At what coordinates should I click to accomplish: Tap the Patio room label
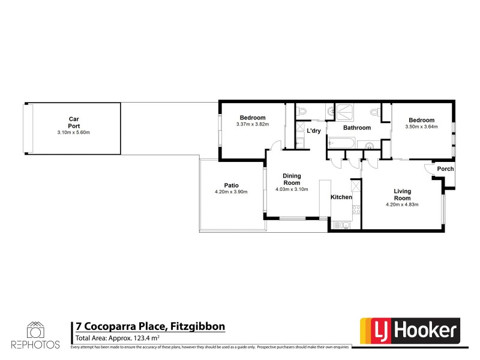231,185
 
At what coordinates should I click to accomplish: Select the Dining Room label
291,179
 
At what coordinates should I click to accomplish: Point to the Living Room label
402,194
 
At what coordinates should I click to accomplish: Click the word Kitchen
341,197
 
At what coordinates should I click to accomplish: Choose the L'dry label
313,131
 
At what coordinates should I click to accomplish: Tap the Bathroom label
356,128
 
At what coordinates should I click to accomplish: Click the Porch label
445,169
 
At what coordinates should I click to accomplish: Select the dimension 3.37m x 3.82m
253,124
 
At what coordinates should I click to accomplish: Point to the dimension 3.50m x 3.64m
421,127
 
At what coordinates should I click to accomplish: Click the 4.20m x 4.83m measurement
401,205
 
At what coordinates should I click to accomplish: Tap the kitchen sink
341,226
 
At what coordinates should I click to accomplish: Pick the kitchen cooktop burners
355,209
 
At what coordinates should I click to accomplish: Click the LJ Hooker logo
410,331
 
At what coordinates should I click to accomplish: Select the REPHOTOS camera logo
35,331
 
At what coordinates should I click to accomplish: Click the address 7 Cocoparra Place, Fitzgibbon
149,326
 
